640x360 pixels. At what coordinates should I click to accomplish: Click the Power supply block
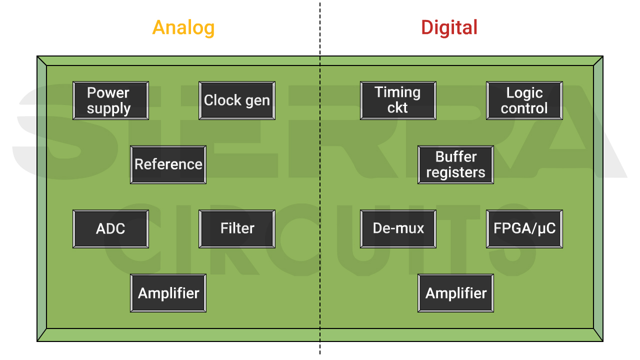pyautogui.click(x=110, y=100)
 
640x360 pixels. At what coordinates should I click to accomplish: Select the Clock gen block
pyautogui.click(x=237, y=100)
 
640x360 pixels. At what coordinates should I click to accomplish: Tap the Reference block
pyautogui.click(x=168, y=164)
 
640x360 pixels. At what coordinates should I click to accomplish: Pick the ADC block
pyautogui.click(x=110, y=228)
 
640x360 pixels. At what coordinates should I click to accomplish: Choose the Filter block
pyautogui.click(x=237, y=228)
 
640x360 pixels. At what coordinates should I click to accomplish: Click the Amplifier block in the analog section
pyautogui.click(x=168, y=293)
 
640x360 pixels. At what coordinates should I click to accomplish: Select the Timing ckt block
pyautogui.click(x=398, y=100)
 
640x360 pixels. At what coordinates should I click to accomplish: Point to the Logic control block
pyautogui.click(x=524, y=100)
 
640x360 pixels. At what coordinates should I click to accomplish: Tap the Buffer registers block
pyautogui.click(x=455, y=164)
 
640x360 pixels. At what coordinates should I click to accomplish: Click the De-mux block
pyautogui.click(x=398, y=228)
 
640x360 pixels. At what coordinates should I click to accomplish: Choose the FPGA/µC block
pyautogui.click(x=524, y=228)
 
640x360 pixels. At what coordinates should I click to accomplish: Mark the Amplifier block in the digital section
pyautogui.click(x=455, y=293)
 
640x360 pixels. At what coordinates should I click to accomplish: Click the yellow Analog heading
pyautogui.click(x=183, y=27)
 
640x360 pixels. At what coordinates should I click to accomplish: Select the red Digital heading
pyautogui.click(x=449, y=27)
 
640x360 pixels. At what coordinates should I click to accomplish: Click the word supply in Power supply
pyautogui.click(x=108, y=109)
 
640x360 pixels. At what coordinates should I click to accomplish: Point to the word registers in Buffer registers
pyautogui.click(x=455, y=173)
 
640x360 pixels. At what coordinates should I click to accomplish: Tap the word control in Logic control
pyautogui.click(x=524, y=108)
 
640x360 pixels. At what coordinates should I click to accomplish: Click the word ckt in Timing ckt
pyautogui.click(x=397, y=108)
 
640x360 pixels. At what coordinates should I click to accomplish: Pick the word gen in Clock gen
pyautogui.click(x=257, y=101)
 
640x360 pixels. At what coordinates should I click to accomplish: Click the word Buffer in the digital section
pyautogui.click(x=456, y=156)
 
